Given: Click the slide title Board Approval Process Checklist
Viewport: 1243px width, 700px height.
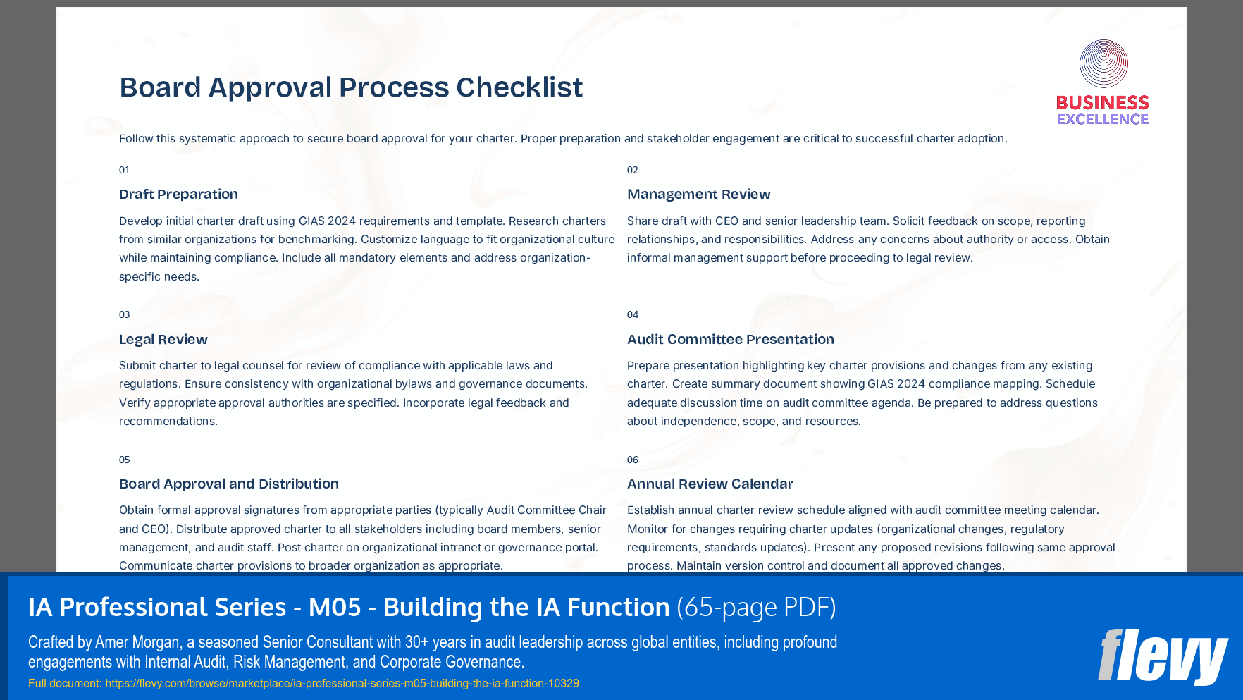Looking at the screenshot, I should pyautogui.click(x=351, y=87).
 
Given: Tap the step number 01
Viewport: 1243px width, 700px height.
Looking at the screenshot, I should pyautogui.click(x=125, y=170).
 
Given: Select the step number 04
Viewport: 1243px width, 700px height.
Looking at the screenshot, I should pyautogui.click(x=633, y=314).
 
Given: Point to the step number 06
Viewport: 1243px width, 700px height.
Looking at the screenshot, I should pyautogui.click(x=633, y=460).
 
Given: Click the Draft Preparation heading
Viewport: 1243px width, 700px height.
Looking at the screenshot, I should pyautogui.click(x=178, y=194).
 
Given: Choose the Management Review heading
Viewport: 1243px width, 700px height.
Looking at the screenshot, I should pyautogui.click(x=698, y=194).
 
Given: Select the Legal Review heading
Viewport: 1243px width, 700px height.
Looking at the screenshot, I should pyautogui.click(x=163, y=339).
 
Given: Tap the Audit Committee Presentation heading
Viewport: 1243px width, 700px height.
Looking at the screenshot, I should pyautogui.click(x=730, y=339).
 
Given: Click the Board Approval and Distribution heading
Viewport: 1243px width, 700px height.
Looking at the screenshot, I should pyautogui.click(x=228, y=484).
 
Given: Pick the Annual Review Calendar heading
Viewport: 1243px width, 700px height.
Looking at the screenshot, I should pyautogui.click(x=710, y=484).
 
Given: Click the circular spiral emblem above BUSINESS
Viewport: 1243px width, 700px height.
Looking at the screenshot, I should pyautogui.click(x=1103, y=63).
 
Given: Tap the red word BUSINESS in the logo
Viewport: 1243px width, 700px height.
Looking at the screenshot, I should pyautogui.click(x=1103, y=103).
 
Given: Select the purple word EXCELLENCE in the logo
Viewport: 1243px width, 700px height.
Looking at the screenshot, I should pyautogui.click(x=1103, y=119).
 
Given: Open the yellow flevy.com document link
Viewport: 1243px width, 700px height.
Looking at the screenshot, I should pyautogui.click(x=342, y=683).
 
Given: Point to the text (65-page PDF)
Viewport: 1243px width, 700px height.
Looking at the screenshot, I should pyautogui.click(x=756, y=607).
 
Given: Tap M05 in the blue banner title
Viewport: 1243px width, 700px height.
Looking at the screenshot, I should pyautogui.click(x=335, y=607).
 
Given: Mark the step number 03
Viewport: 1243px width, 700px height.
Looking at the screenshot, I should pyautogui.click(x=125, y=314).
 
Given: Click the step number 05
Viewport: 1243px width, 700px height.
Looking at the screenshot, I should pyautogui.click(x=125, y=460).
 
